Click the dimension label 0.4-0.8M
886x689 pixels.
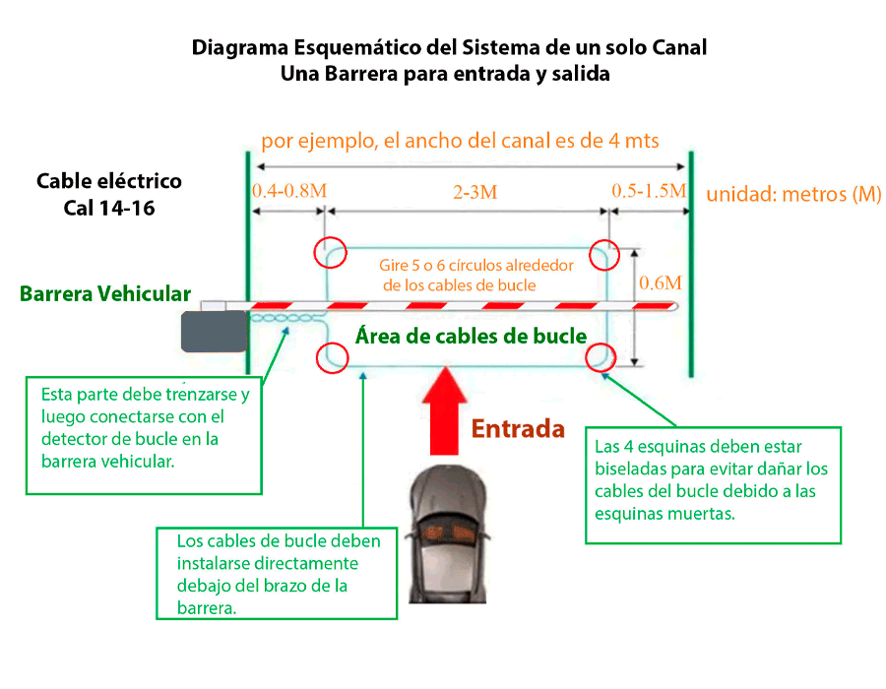289,191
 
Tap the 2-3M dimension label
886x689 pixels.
475,193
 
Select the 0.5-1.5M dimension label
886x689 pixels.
649,191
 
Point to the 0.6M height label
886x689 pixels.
661,282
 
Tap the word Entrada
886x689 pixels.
518,428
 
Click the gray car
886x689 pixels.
448,534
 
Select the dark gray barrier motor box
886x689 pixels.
215,332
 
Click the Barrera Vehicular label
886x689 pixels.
105,293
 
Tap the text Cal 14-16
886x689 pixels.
109,209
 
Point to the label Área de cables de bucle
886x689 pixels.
471,337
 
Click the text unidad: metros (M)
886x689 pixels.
793,194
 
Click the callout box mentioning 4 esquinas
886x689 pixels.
713,485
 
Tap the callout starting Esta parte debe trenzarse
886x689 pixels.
144,435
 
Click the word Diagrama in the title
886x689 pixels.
240,48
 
